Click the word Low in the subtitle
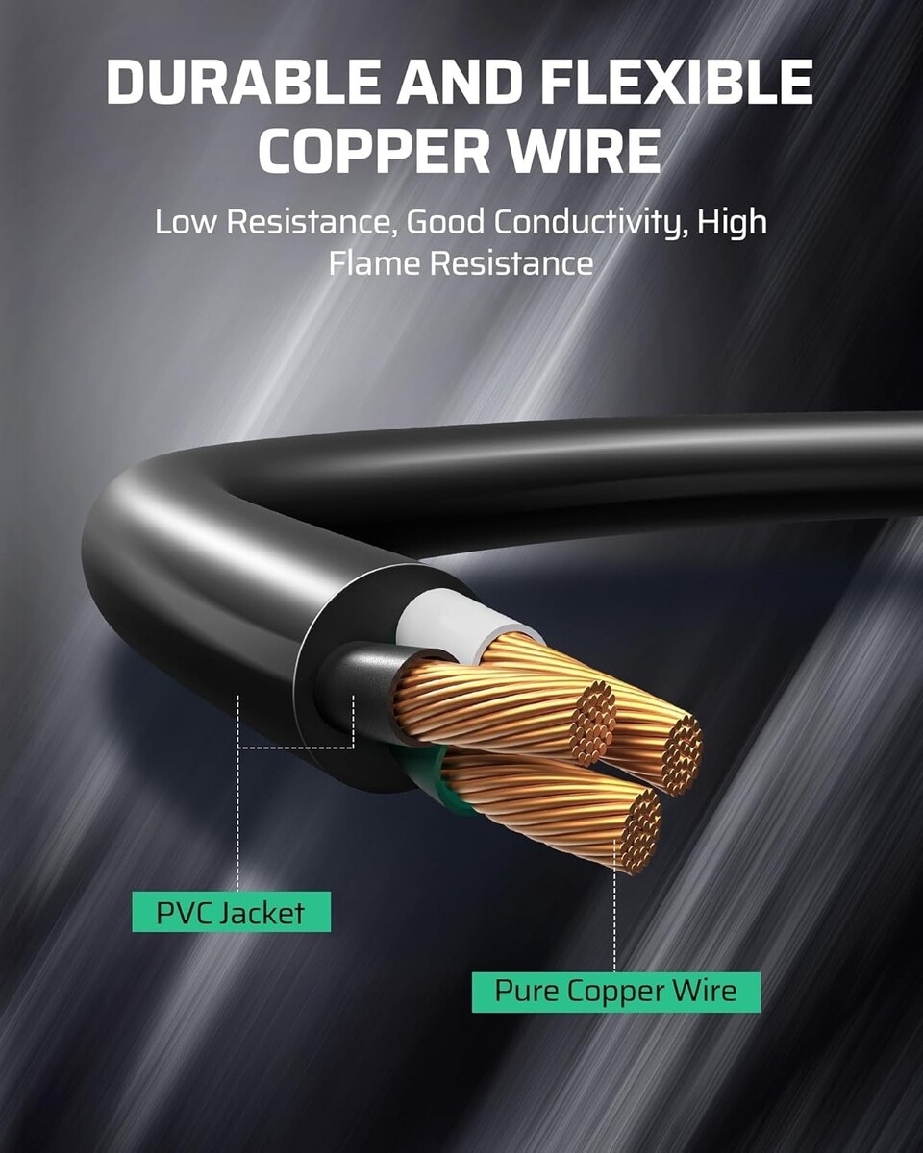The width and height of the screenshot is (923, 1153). [186, 222]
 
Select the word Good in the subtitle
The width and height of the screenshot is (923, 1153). [445, 222]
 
